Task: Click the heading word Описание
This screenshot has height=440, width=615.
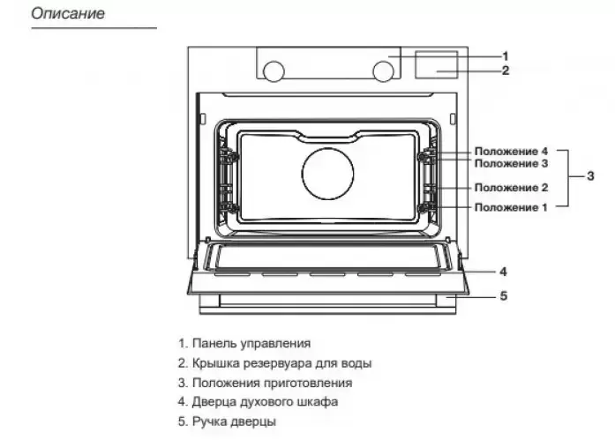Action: [x=68, y=15]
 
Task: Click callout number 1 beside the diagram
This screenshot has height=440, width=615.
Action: [x=506, y=56]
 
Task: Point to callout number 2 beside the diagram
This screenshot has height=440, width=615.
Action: [x=506, y=71]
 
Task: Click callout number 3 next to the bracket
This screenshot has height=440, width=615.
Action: [x=590, y=176]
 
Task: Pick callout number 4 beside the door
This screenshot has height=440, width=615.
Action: [x=502, y=272]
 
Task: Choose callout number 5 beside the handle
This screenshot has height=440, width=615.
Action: [x=503, y=296]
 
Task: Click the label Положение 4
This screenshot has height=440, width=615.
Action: [x=511, y=151]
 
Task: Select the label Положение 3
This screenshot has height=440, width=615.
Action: [x=511, y=163]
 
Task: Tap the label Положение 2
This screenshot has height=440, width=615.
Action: [x=511, y=187]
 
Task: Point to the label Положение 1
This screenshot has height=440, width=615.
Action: [x=511, y=207]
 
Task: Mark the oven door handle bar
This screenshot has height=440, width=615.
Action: [x=326, y=301]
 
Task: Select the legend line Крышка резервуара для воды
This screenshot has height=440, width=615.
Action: [x=274, y=363]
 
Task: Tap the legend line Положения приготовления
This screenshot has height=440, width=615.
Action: [x=264, y=383]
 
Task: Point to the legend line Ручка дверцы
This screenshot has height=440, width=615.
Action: [x=227, y=421]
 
